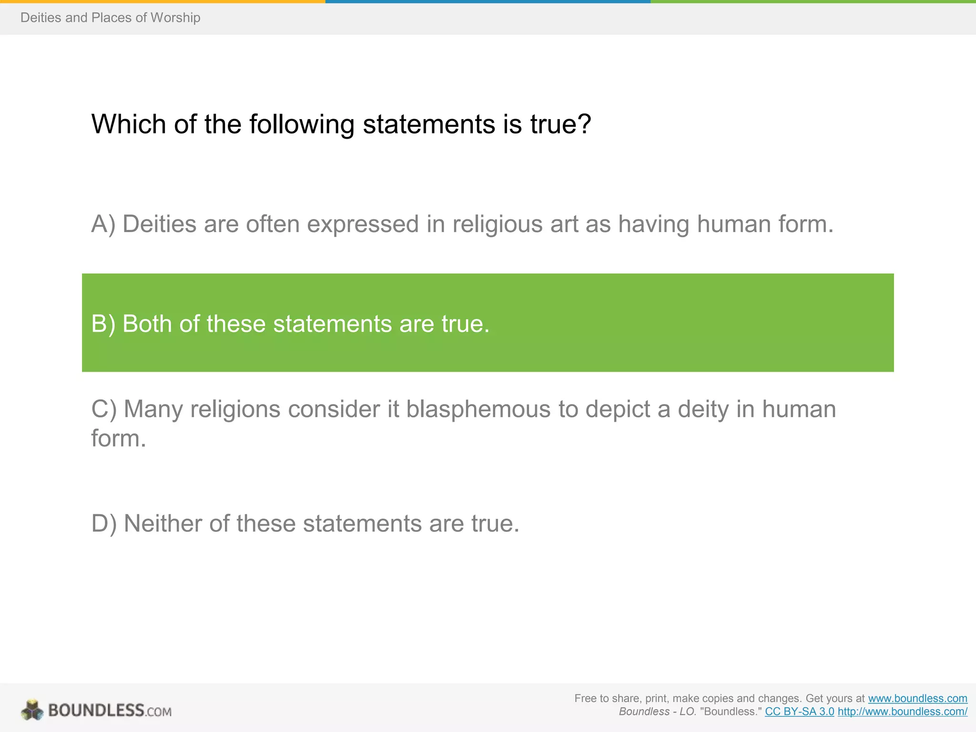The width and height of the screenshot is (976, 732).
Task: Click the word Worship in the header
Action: (x=175, y=18)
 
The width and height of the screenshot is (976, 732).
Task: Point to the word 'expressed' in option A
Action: (x=363, y=224)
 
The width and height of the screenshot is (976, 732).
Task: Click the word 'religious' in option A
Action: (x=498, y=224)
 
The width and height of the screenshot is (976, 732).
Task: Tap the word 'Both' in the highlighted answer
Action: (x=147, y=324)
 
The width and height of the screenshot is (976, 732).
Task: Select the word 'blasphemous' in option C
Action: (x=478, y=409)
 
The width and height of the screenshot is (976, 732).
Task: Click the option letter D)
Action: (x=104, y=523)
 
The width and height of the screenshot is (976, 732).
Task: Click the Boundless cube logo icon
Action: (x=32, y=710)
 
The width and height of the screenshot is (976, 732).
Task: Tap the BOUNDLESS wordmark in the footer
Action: (x=96, y=711)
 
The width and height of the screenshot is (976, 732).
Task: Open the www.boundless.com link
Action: (x=917, y=699)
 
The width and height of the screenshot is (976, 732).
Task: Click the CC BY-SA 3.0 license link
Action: (x=799, y=712)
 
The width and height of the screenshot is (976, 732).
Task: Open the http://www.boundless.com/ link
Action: (x=902, y=712)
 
